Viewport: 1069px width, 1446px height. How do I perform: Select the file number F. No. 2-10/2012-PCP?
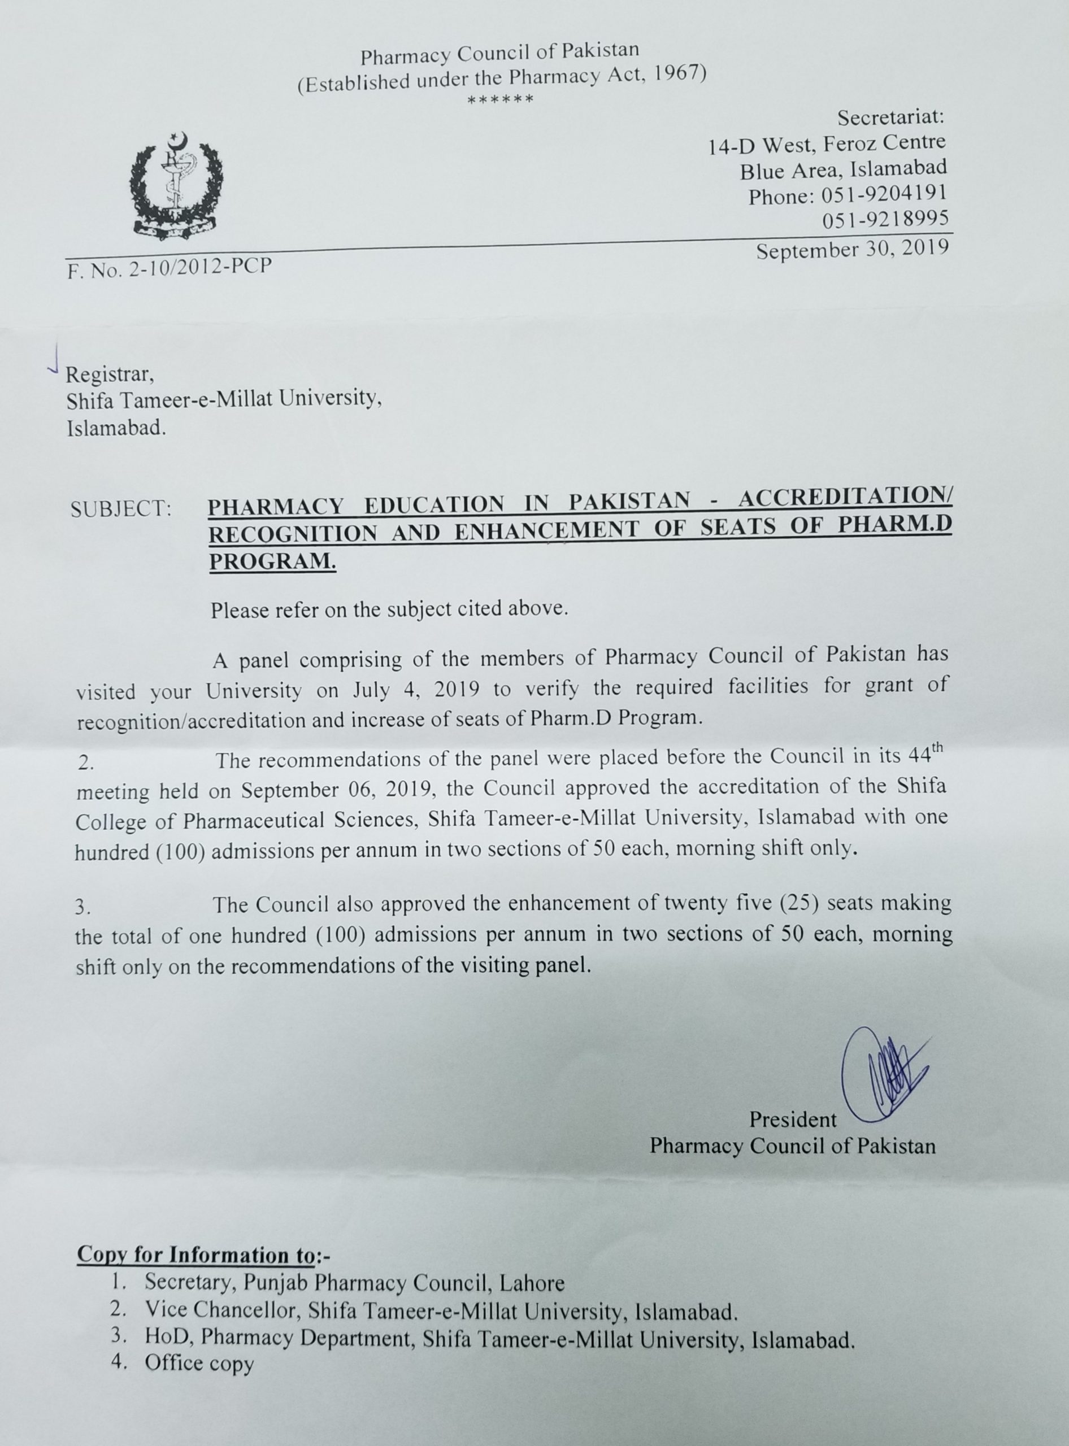[169, 268]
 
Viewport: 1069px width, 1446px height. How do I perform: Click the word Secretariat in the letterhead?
[891, 117]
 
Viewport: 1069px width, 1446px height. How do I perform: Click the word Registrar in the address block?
[110, 374]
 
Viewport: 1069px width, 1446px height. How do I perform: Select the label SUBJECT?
[121, 508]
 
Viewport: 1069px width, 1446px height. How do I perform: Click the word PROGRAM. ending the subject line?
[272, 561]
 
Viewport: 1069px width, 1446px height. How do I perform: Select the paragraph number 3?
[81, 908]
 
